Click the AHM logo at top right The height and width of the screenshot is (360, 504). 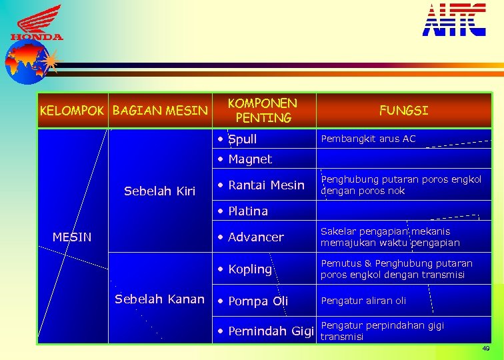453,20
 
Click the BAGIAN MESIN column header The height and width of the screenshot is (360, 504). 160,111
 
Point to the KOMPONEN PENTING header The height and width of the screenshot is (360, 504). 263,111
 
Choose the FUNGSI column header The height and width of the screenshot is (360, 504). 403,111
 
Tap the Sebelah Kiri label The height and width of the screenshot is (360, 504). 159,192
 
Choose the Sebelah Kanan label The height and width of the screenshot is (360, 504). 159,299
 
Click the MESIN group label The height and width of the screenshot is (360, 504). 72,237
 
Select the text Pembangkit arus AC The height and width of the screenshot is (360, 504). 368,139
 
